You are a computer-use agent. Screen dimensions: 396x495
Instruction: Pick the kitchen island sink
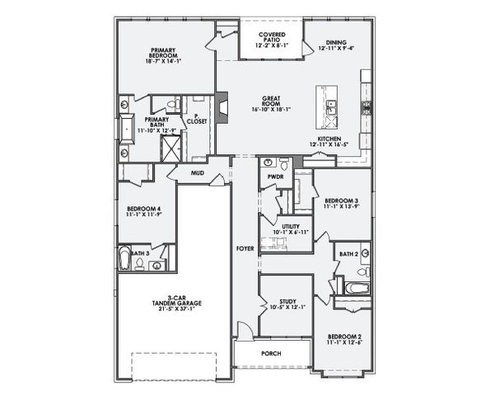point(331,105)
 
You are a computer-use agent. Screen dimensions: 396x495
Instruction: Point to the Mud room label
point(198,173)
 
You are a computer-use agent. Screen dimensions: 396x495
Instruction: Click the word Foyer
point(245,247)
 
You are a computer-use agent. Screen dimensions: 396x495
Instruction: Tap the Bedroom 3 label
point(339,203)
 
